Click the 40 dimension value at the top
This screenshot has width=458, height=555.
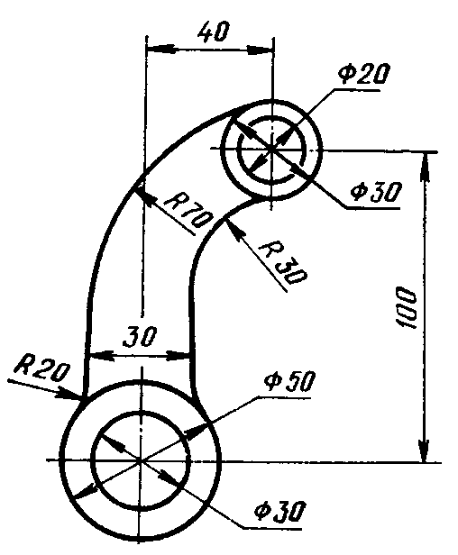point(214,32)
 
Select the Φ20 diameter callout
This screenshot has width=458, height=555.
point(363,74)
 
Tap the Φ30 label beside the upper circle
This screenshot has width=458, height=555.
point(377,192)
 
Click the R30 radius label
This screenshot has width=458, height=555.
point(283,263)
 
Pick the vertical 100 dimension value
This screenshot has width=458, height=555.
point(406,307)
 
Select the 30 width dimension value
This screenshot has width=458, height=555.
point(140,336)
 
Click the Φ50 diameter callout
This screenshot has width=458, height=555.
point(289,382)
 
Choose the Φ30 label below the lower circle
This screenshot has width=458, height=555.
point(279,511)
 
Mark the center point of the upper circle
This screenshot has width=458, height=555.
point(271,149)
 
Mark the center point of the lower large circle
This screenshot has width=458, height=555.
point(142,460)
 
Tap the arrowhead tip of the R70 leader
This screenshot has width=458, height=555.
point(135,188)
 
